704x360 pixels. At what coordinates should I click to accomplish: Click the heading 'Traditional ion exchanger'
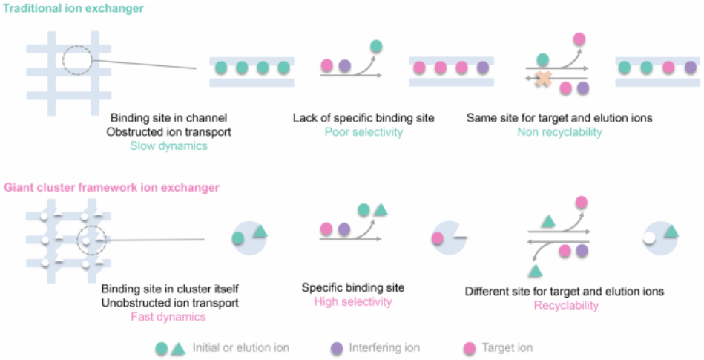pyautogui.click(x=73, y=8)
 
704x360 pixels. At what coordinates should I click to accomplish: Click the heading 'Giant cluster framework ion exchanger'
pyautogui.click(x=112, y=187)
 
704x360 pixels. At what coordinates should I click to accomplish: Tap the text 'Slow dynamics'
pyautogui.click(x=169, y=145)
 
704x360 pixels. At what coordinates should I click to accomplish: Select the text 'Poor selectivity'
pyautogui.click(x=363, y=131)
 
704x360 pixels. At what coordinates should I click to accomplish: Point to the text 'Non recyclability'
pyautogui.click(x=559, y=131)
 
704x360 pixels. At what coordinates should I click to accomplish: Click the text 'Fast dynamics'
pyautogui.click(x=168, y=317)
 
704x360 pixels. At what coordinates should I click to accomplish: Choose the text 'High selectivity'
pyautogui.click(x=353, y=301)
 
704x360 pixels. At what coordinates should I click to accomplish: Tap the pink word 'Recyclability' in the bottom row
pyautogui.click(x=566, y=306)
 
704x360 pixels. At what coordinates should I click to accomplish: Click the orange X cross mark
pyautogui.click(x=544, y=78)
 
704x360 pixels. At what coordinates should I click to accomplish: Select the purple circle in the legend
pyautogui.click(x=337, y=348)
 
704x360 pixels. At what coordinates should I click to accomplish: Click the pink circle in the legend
pyautogui.click(x=469, y=348)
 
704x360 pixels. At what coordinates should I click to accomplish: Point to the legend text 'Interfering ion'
pyautogui.click(x=384, y=348)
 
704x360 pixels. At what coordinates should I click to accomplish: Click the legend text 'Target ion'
pyautogui.click(x=507, y=348)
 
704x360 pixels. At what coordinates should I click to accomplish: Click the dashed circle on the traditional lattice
pyautogui.click(x=62, y=59)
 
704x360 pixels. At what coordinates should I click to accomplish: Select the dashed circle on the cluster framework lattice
pyautogui.click(x=76, y=240)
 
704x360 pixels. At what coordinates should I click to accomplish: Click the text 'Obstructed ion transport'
pyautogui.click(x=169, y=131)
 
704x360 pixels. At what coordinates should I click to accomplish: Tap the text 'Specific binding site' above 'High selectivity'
pyautogui.click(x=353, y=288)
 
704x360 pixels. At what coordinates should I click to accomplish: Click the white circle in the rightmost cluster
pyautogui.click(x=649, y=238)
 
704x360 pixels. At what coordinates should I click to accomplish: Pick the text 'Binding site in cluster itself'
pyautogui.click(x=170, y=289)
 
